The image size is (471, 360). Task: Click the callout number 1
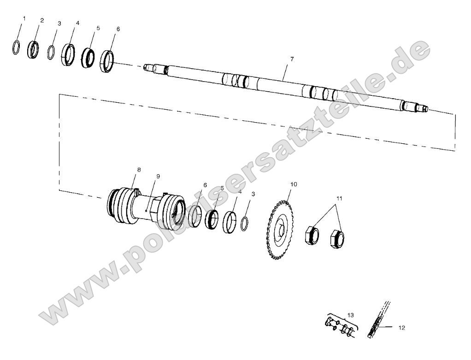tap(24, 18)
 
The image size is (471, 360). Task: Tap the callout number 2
tap(42, 20)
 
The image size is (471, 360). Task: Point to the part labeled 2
tap(34, 49)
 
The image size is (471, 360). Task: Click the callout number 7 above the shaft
tap(292, 59)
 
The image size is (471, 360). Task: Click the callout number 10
tap(294, 184)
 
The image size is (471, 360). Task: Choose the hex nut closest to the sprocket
tap(312, 235)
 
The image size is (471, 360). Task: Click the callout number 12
tap(401, 328)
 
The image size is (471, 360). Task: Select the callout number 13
tap(351, 314)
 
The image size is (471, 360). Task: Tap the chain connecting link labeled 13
tap(340, 326)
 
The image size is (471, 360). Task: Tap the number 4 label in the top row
tap(77, 23)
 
